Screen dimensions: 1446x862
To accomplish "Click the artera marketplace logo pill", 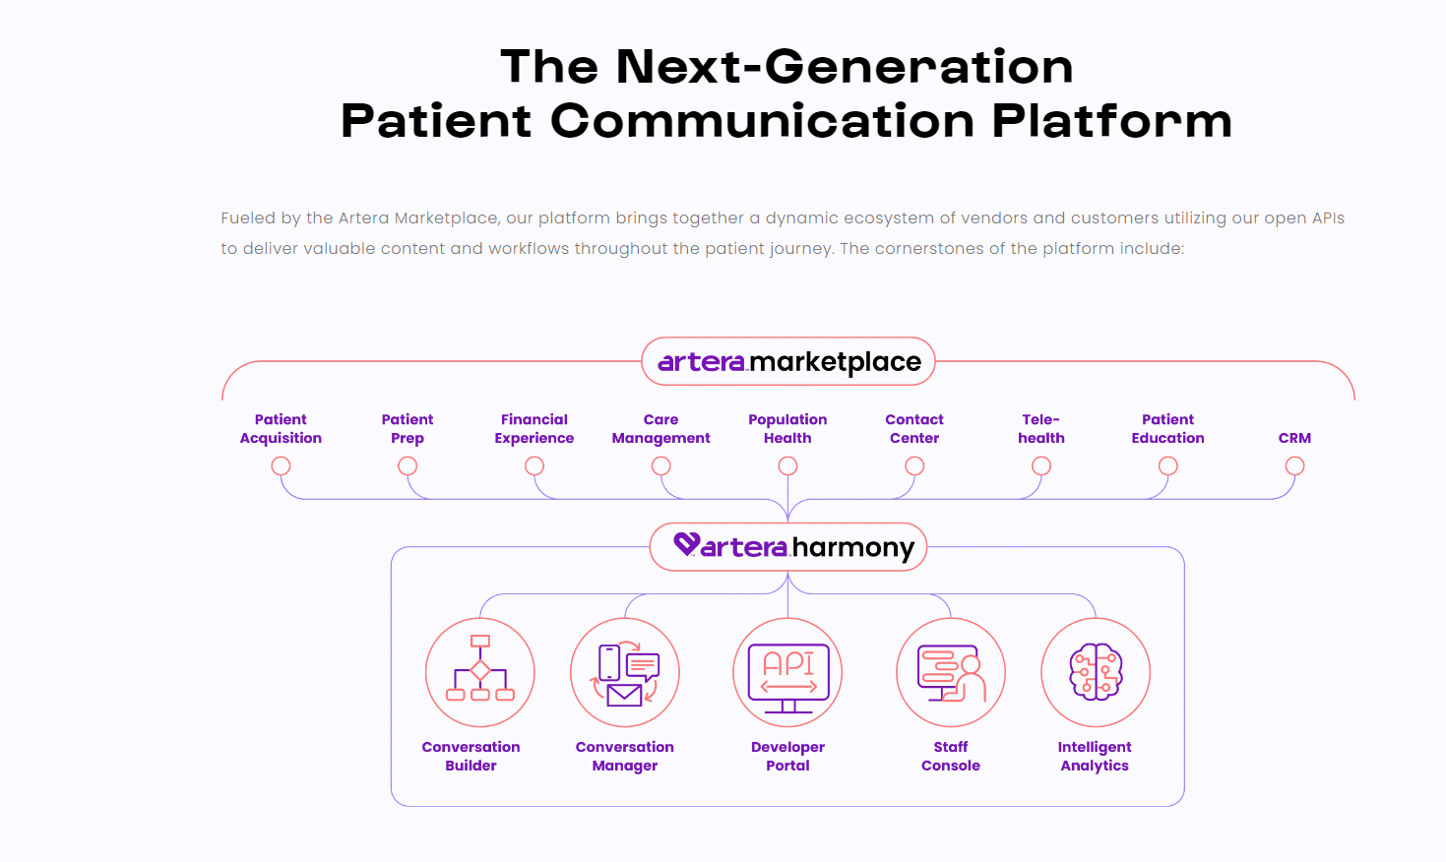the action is pyautogui.click(x=787, y=361).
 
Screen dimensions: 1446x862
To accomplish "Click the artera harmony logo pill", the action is pyautogui.click(x=787, y=547).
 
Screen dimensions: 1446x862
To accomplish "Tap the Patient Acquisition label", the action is pyautogui.click(x=281, y=428).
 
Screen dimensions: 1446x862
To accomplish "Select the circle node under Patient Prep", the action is pyautogui.click(x=408, y=465).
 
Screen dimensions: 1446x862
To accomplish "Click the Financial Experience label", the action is pyautogui.click(x=534, y=428).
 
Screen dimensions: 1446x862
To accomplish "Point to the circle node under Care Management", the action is pyautogui.click(x=661, y=465).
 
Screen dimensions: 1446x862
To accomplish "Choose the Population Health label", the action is pyautogui.click(x=787, y=428).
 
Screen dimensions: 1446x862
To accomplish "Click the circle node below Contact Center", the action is pyautogui.click(x=914, y=465).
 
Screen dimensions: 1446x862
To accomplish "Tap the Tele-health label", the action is pyautogui.click(x=1041, y=428).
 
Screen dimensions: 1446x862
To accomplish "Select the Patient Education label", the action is pyautogui.click(x=1167, y=428).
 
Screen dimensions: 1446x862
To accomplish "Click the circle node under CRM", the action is pyautogui.click(x=1295, y=465).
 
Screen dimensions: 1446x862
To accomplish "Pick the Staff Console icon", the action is pyautogui.click(x=951, y=672).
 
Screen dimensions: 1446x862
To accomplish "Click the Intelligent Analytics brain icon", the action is pyautogui.click(x=1096, y=672).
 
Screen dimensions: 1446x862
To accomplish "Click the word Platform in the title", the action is pyautogui.click(x=1112, y=121).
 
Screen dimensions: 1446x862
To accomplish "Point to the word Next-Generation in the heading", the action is pyautogui.click(x=845, y=66).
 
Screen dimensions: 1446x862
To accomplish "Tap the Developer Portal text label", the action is pyautogui.click(x=787, y=756).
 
